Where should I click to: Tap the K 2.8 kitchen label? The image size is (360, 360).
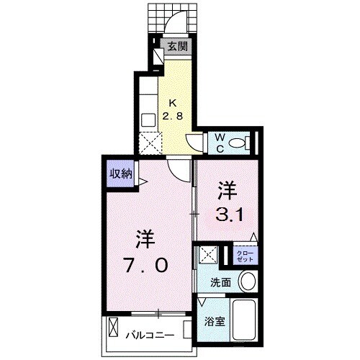tap(176, 109)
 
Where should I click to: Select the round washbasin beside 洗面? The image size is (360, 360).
tap(248, 282)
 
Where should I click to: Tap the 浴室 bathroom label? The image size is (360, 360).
tap(215, 322)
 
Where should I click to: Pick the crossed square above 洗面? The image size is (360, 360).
tap(209, 256)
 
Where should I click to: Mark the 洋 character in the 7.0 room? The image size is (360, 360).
tap(143, 237)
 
